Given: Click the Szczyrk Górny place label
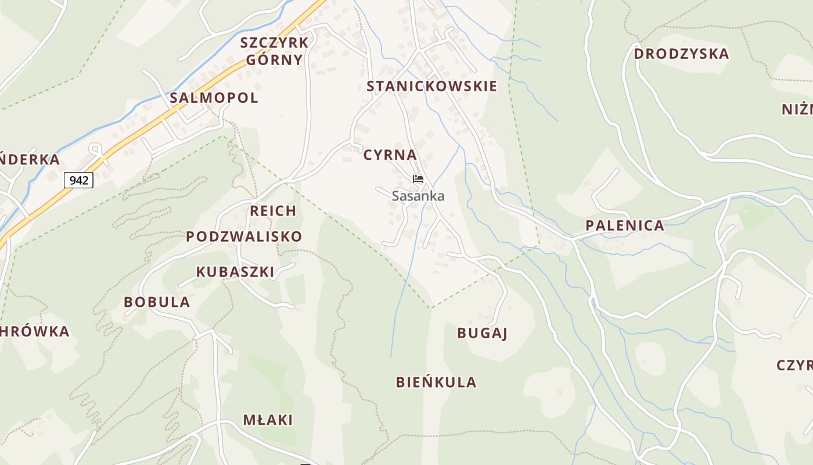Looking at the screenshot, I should pyautogui.click(x=274, y=51).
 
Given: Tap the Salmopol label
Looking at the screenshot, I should pyautogui.click(x=214, y=98).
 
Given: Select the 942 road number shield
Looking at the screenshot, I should pyautogui.click(x=78, y=180).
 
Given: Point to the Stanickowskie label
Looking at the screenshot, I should pyautogui.click(x=431, y=87).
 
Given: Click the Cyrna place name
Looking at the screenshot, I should pyautogui.click(x=390, y=155).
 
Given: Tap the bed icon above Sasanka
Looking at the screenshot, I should pyautogui.click(x=418, y=179).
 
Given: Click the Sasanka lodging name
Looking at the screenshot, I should pyautogui.click(x=418, y=196).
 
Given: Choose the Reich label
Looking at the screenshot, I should pyautogui.click(x=273, y=211).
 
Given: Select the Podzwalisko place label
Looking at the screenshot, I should pyautogui.click(x=244, y=237).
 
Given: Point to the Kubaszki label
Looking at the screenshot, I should pyautogui.click(x=235, y=272).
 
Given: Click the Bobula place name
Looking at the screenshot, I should pyautogui.click(x=157, y=302).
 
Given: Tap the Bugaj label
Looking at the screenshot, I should pyautogui.click(x=482, y=333).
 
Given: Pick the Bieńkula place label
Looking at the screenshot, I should pyautogui.click(x=436, y=382).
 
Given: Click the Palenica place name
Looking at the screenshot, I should pyautogui.click(x=624, y=226).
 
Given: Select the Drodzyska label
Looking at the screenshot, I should pyautogui.click(x=681, y=54).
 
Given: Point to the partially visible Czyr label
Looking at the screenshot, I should pyautogui.click(x=794, y=366).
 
